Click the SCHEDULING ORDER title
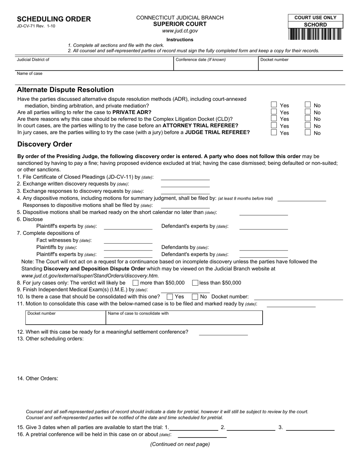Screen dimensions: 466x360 [54, 19]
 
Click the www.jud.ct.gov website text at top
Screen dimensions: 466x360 [180, 31]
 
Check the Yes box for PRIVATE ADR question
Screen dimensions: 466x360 [274, 112]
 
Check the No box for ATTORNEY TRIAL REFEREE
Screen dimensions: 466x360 [308, 126]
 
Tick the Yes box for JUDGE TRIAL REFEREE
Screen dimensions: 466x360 [274, 133]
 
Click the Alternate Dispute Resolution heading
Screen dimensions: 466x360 [65, 90]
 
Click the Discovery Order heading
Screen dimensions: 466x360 [44, 144]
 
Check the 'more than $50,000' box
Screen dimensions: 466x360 [135, 283]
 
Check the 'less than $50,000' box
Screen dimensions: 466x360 [195, 283]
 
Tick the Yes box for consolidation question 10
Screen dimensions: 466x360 [170, 297]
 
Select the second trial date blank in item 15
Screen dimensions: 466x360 [251, 427]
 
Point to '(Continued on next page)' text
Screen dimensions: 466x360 [180, 444]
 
